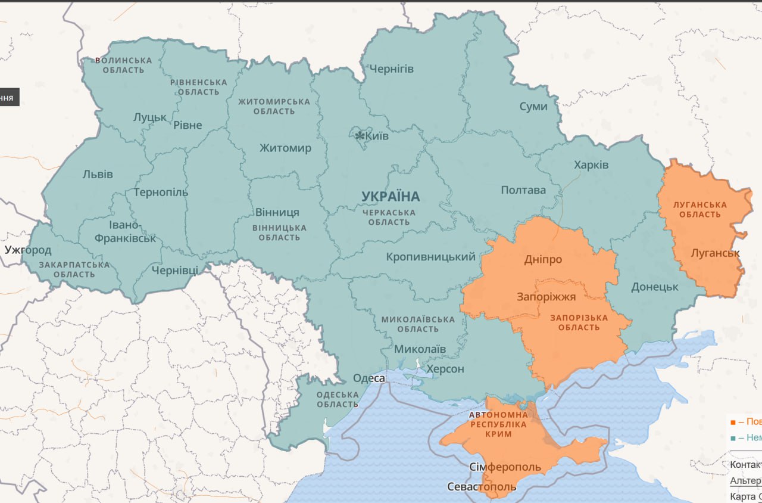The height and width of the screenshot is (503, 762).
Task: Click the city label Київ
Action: (x=377, y=136)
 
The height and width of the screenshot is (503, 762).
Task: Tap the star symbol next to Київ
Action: (x=360, y=136)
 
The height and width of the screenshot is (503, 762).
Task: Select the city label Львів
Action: (x=98, y=175)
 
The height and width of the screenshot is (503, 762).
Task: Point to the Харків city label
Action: (x=591, y=164)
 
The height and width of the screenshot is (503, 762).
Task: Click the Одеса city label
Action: (x=369, y=378)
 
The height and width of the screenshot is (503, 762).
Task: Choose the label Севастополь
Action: (x=482, y=487)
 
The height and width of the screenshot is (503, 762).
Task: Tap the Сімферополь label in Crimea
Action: (x=505, y=467)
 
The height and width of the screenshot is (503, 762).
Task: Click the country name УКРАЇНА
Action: (x=391, y=196)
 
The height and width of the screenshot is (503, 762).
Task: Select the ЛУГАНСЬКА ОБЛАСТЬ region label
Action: (x=699, y=209)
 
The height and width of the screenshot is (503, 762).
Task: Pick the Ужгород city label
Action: (x=28, y=250)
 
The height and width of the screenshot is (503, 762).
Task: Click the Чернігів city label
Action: (x=391, y=69)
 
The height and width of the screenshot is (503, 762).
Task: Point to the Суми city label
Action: (x=533, y=106)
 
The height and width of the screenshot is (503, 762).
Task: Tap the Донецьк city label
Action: (x=655, y=287)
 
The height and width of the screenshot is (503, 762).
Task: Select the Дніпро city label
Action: (x=543, y=259)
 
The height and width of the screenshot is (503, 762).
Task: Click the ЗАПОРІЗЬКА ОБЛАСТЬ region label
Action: (x=579, y=322)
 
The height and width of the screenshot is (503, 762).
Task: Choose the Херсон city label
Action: (x=445, y=369)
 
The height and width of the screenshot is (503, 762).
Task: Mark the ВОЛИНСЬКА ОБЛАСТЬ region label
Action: (x=123, y=66)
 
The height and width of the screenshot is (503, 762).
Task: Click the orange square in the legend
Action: (x=732, y=422)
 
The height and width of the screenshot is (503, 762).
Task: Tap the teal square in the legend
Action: (x=732, y=438)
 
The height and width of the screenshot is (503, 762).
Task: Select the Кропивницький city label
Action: (x=431, y=257)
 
